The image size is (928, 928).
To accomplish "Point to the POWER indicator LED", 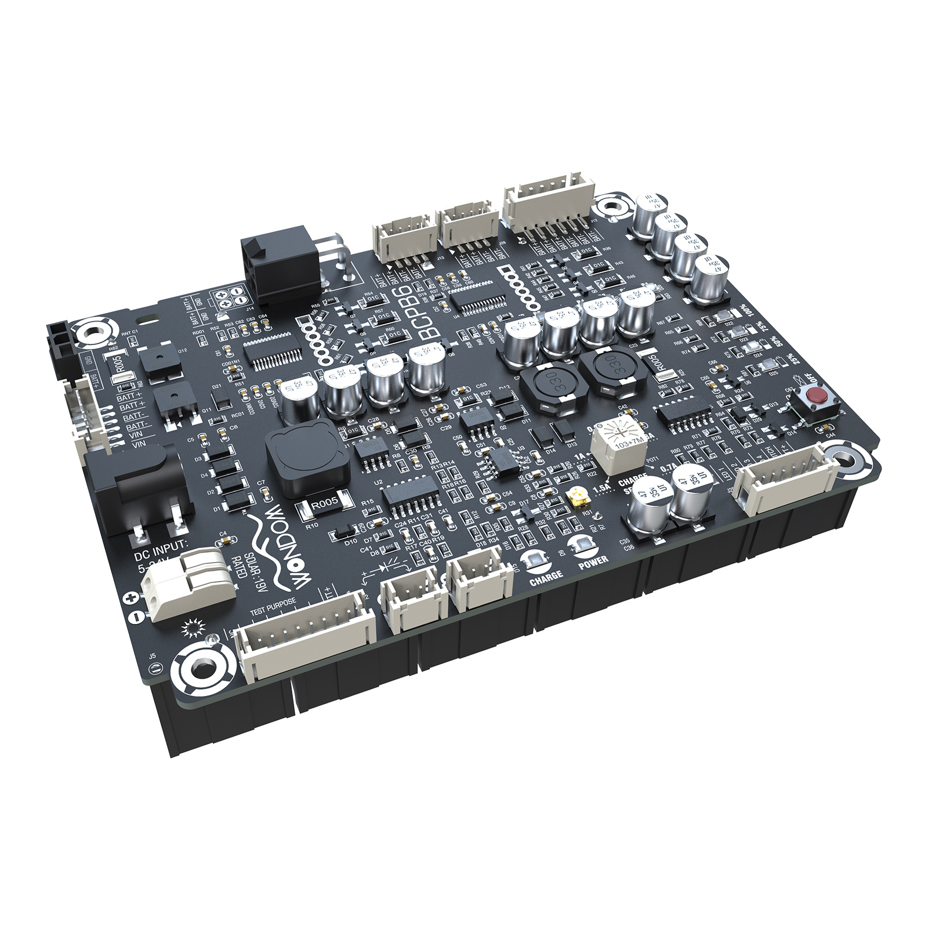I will coord(578,545).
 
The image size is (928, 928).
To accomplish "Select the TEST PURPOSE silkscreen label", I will coord(273,608).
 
